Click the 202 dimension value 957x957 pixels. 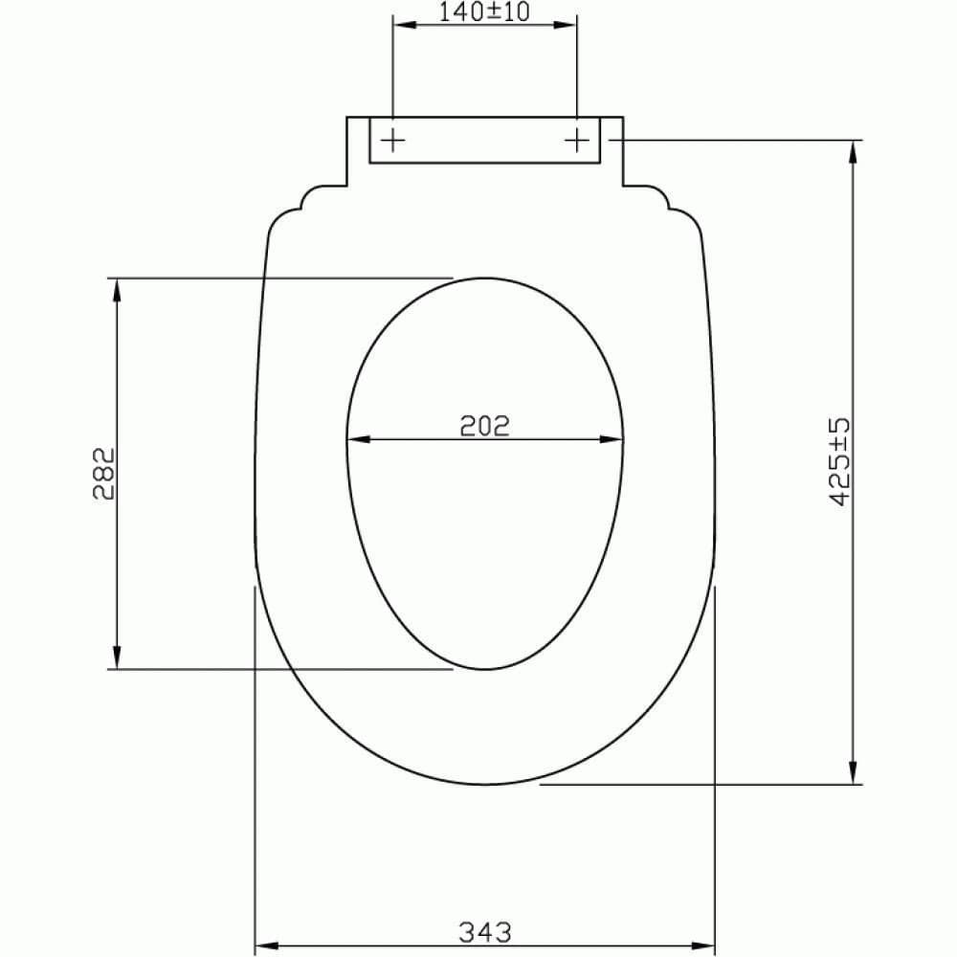point(484,424)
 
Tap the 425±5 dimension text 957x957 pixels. point(839,460)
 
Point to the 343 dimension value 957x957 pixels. point(484,930)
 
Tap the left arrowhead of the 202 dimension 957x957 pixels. point(357,440)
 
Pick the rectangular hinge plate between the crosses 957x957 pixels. point(484,141)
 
